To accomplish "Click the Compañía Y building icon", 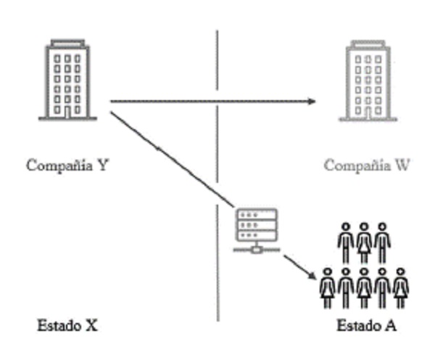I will point(67,80).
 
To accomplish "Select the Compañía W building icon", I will point(367,80).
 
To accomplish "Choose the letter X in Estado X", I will point(91,326).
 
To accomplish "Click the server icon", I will point(256,226).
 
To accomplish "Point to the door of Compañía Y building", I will point(67,111).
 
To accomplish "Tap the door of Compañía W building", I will point(367,111).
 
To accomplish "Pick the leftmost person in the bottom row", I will point(328,287).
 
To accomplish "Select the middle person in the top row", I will point(364,243).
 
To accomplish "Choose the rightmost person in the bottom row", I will point(400,287).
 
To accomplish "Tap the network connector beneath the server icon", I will point(256,249).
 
